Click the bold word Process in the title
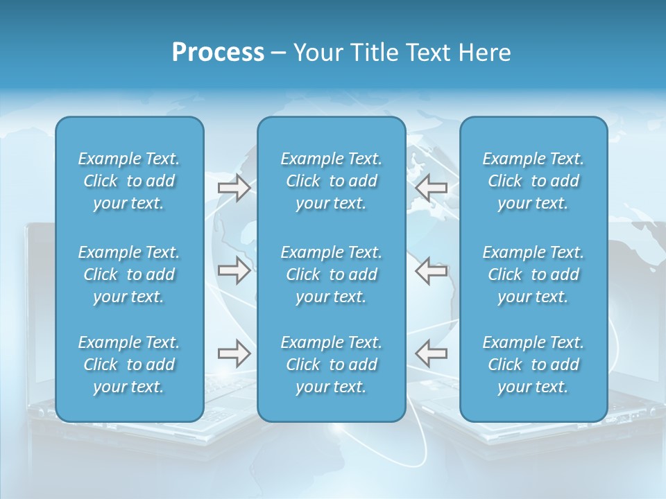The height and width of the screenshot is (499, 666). [x=218, y=53]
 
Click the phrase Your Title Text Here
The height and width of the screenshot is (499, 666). [x=402, y=53]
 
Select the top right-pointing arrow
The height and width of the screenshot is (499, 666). [x=234, y=188]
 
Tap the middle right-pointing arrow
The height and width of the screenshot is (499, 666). [x=234, y=270]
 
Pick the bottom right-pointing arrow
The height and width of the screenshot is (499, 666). [x=234, y=353]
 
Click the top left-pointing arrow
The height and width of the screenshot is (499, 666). [x=431, y=188]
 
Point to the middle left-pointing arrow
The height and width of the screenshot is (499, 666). [x=431, y=270]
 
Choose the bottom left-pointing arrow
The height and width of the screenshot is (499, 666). [x=431, y=353]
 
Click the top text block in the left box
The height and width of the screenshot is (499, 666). [x=129, y=181]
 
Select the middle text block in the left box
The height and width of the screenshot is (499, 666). [x=129, y=274]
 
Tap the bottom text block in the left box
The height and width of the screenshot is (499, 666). [x=129, y=365]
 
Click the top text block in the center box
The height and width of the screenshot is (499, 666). [x=331, y=181]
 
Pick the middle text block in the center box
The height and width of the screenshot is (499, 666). [x=331, y=274]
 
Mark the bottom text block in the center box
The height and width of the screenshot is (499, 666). [x=331, y=365]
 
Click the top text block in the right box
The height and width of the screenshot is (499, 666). [x=533, y=181]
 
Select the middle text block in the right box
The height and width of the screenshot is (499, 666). [x=533, y=274]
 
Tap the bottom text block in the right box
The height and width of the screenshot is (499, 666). [x=533, y=365]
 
